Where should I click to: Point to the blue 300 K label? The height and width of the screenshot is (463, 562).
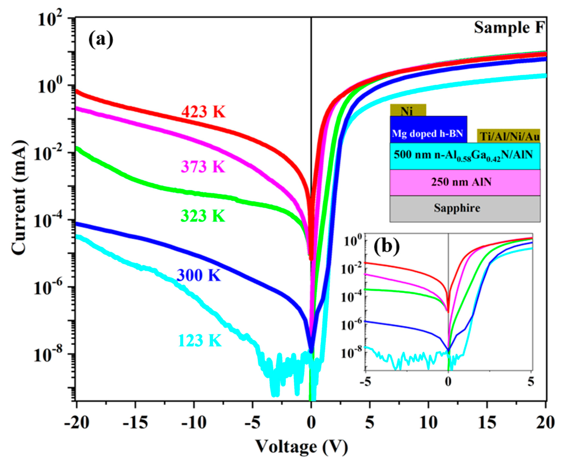(x=199, y=275)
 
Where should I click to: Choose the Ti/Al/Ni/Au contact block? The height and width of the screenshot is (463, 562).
(x=508, y=136)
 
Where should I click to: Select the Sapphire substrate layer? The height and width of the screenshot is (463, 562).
(x=465, y=208)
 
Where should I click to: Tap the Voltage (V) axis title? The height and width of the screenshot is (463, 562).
(x=302, y=446)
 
